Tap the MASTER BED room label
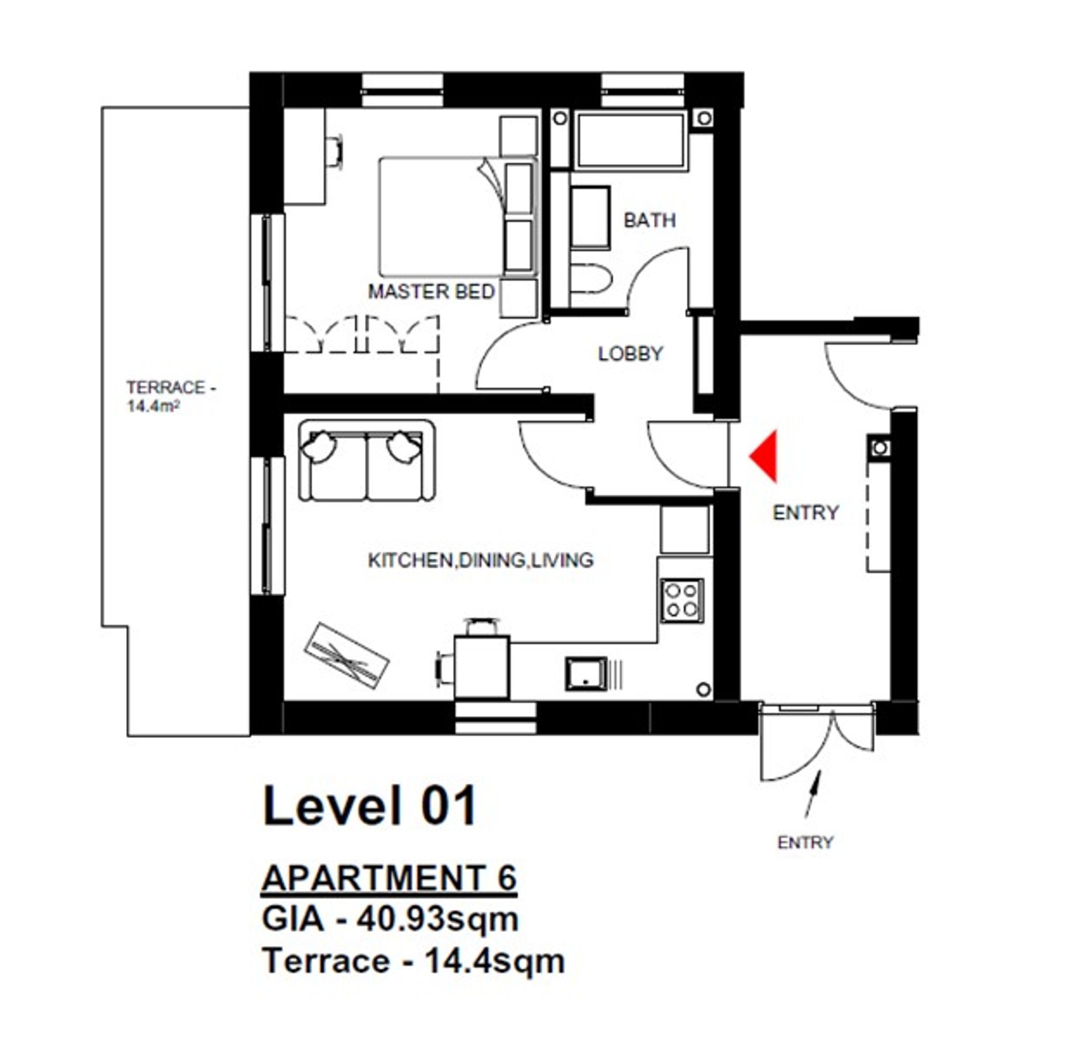point(431,292)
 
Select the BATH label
point(650,220)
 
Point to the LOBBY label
point(631,354)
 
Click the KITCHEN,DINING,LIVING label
point(481,560)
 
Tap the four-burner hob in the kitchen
point(682,600)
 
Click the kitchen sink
point(586,674)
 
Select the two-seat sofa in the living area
point(367,461)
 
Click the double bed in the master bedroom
point(459,217)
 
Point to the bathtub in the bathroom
point(629,140)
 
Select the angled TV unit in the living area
point(347,656)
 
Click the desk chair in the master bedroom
point(334,150)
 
